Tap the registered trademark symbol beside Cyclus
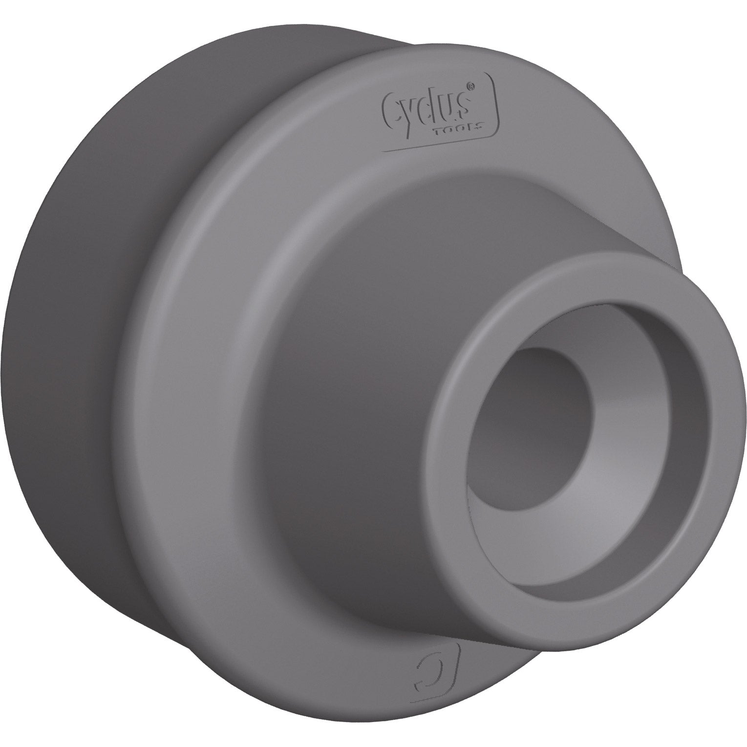click(x=471, y=86)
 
